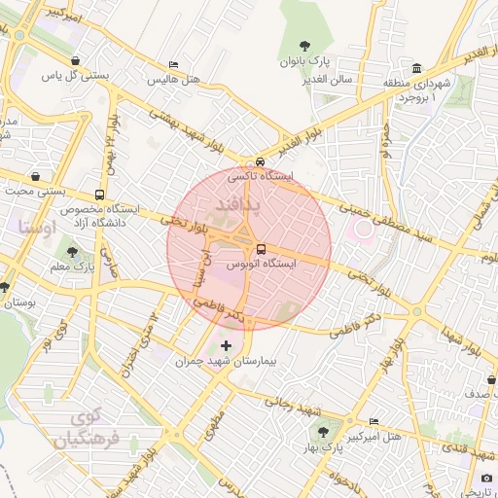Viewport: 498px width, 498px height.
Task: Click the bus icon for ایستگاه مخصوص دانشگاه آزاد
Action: tap(100, 195)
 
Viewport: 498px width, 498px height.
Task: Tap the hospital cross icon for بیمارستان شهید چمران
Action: tap(227, 345)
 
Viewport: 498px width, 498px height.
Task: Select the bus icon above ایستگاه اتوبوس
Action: tap(260, 248)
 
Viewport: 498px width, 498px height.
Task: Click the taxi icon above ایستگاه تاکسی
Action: tap(260, 162)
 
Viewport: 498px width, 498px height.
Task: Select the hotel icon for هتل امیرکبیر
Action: tap(374, 421)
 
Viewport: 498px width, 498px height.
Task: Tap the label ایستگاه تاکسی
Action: tap(259, 178)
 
